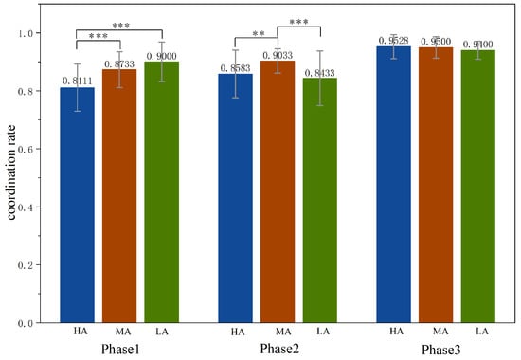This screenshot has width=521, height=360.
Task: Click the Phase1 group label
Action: [119, 349]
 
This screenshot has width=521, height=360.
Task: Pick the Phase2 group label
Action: [278, 349]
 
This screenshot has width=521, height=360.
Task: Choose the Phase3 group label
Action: [436, 349]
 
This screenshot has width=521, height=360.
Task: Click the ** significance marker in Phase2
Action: [257, 34]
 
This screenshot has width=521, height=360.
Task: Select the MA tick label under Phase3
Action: [436, 332]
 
